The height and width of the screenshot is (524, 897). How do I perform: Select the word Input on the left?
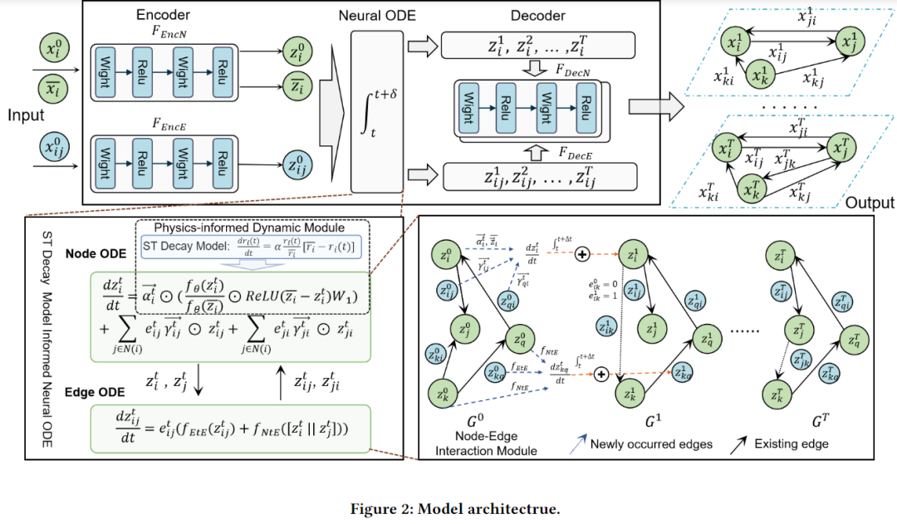tap(27, 116)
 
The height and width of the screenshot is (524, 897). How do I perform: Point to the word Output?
tap(870, 203)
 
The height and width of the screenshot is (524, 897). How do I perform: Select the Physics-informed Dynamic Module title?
tap(249, 228)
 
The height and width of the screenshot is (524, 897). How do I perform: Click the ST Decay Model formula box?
tap(249, 246)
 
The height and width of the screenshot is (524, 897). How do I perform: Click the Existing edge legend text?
tap(790, 444)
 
